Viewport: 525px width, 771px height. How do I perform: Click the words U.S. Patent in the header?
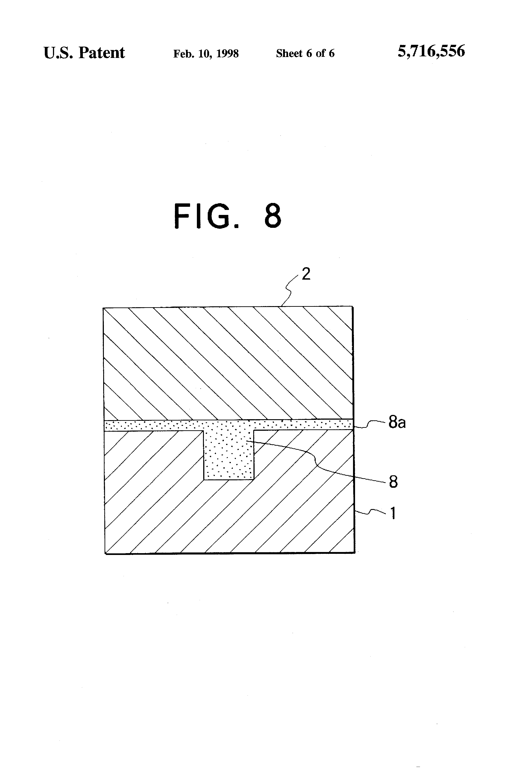[84, 53]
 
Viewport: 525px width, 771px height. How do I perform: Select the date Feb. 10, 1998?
[206, 53]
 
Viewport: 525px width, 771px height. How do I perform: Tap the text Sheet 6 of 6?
[305, 53]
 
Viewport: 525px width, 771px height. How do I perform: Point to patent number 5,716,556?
[431, 51]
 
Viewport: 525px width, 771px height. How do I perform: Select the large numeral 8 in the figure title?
[273, 216]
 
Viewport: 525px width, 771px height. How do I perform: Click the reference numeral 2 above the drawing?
[306, 274]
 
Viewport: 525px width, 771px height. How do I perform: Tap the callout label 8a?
[397, 423]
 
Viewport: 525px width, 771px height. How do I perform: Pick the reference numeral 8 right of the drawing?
[393, 482]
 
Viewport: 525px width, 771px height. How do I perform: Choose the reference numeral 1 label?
[393, 513]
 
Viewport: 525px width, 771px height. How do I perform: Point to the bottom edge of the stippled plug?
[229, 480]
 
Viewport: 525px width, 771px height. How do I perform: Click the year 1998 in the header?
[228, 53]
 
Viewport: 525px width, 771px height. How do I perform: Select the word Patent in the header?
[102, 53]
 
